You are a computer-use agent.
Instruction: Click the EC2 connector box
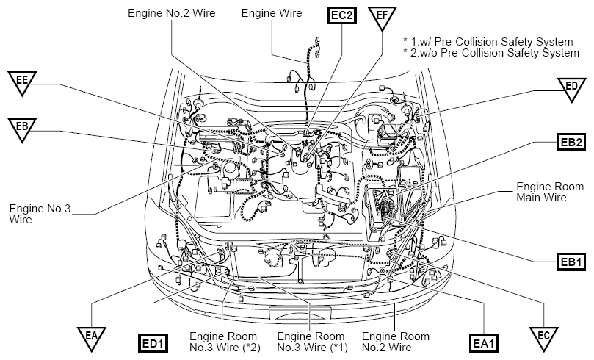[342, 15]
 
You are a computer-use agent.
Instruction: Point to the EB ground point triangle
[22, 128]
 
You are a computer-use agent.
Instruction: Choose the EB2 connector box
[571, 142]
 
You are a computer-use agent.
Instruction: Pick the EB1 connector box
[571, 262]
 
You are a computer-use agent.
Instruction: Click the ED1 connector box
[153, 344]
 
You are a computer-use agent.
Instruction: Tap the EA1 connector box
[484, 344]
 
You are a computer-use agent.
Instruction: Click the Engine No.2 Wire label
[172, 13]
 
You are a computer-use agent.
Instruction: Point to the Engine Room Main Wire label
[550, 192]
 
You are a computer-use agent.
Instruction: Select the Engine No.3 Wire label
[40, 214]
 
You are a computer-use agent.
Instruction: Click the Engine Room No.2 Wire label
[396, 342]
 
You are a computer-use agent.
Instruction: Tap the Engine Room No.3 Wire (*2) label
[225, 342]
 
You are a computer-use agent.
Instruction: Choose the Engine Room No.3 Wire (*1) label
[313, 342]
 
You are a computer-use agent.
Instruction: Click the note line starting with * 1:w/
[488, 41]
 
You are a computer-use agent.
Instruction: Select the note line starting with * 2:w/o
[491, 53]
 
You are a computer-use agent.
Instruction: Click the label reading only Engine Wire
[272, 13]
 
